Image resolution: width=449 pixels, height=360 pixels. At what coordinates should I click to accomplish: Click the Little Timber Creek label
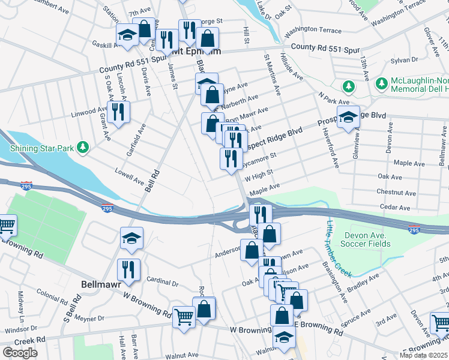[x=337, y=249]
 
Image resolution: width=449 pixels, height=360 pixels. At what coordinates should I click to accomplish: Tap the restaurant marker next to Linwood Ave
[x=119, y=113]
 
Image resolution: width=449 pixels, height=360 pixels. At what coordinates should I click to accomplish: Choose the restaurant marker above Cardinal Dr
[x=129, y=270]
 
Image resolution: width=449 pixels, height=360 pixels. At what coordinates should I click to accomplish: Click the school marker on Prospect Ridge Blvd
[x=348, y=118]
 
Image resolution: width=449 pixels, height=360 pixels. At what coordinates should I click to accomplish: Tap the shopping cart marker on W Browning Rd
[x=184, y=318]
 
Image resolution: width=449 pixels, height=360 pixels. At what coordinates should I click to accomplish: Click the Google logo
[x=20, y=353]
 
